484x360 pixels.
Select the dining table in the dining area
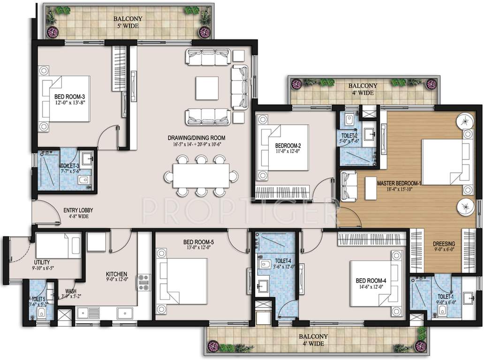(201, 175)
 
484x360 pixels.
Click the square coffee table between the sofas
(207, 88)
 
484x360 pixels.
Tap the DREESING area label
(444, 244)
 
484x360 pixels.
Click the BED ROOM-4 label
(371, 281)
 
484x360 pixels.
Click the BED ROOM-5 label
(198, 242)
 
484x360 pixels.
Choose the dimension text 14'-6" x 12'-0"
(371, 287)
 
